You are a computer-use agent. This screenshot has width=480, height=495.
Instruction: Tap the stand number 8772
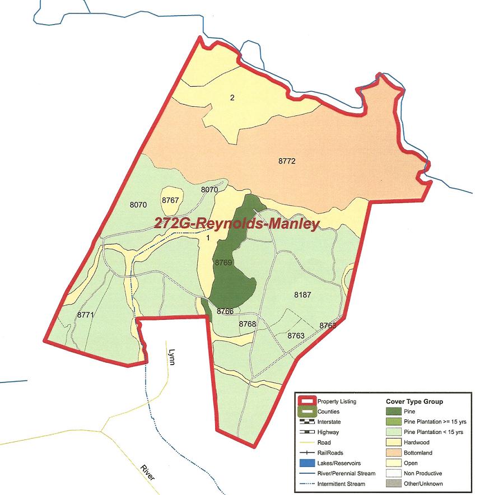286,161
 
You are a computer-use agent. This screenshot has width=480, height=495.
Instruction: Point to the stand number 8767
170,200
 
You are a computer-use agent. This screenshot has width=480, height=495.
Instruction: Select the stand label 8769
223,262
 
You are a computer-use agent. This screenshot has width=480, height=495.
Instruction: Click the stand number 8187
302,295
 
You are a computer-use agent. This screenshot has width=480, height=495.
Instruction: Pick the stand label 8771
85,315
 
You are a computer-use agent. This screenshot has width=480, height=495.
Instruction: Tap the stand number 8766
225,311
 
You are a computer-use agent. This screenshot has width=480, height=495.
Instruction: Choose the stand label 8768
247,324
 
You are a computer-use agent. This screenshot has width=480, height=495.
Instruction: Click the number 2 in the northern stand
232,98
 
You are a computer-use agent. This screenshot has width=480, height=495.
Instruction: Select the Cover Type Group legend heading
414,401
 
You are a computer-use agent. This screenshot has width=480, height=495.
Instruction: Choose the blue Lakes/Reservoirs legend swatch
306,463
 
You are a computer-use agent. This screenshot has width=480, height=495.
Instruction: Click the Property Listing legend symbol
306,401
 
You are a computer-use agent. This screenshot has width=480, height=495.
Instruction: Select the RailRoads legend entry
332,453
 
